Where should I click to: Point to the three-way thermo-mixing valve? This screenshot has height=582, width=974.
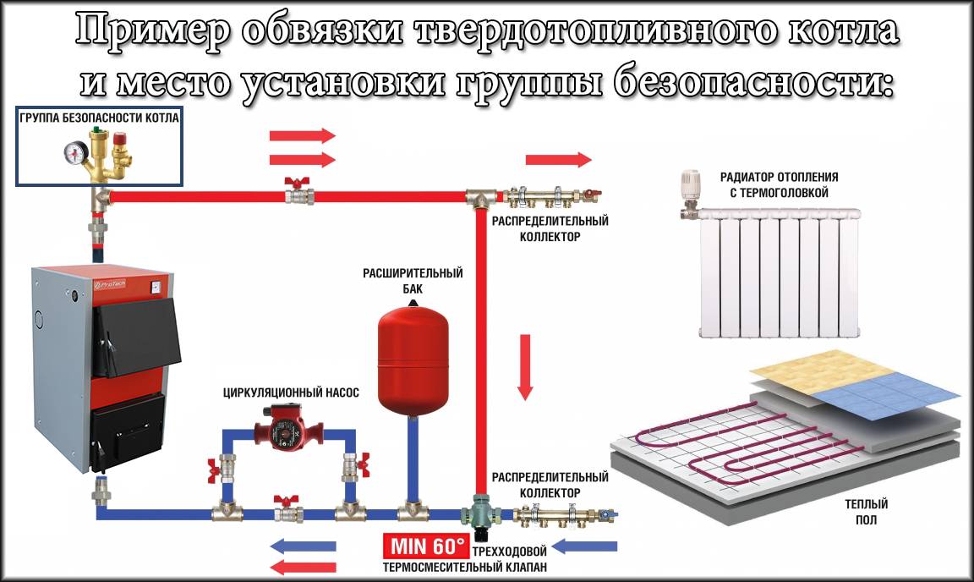[x=479, y=514]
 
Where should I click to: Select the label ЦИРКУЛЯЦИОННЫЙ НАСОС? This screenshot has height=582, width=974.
[x=291, y=393]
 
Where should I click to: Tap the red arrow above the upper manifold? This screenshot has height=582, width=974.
[x=558, y=159]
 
